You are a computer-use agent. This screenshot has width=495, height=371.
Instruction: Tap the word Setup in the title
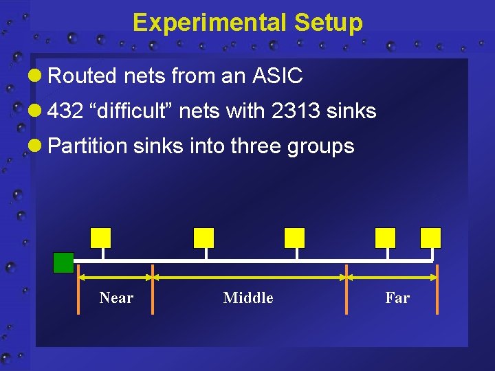click(x=328, y=23)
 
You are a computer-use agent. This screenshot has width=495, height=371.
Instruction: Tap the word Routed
click(x=83, y=76)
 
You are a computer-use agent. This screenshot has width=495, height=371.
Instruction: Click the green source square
click(x=63, y=262)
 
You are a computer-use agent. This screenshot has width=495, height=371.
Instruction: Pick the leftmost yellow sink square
click(x=100, y=238)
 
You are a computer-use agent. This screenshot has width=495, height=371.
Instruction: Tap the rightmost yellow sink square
click(x=430, y=238)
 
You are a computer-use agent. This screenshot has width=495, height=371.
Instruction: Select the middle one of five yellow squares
click(x=294, y=238)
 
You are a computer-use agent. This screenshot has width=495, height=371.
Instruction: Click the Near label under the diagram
click(x=116, y=297)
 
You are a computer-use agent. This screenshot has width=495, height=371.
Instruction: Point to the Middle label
click(x=248, y=297)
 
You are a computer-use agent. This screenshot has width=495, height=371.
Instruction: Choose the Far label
click(x=397, y=297)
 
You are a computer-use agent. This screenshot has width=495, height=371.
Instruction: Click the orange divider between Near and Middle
click(x=153, y=289)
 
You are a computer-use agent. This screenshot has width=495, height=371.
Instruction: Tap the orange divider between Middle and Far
click(x=346, y=289)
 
